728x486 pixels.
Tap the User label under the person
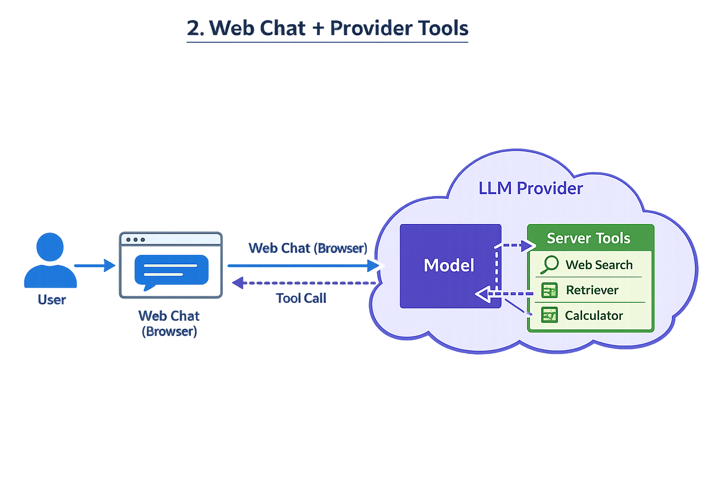point(52,299)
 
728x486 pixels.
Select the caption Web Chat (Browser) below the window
point(169,323)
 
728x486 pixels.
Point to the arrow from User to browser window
point(95,265)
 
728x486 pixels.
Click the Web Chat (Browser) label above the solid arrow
point(308,248)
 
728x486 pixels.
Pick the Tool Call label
point(301,298)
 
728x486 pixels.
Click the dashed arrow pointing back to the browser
point(303,283)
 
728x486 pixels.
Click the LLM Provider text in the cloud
point(530,188)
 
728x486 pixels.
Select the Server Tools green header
point(589,238)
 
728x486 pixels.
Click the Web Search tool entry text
point(599,265)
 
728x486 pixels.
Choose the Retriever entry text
point(592,290)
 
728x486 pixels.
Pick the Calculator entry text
point(594,316)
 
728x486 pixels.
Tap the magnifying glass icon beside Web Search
point(550,264)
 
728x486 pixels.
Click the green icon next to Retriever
point(549,290)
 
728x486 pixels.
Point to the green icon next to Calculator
point(549,315)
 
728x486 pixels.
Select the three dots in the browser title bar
point(136,240)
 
